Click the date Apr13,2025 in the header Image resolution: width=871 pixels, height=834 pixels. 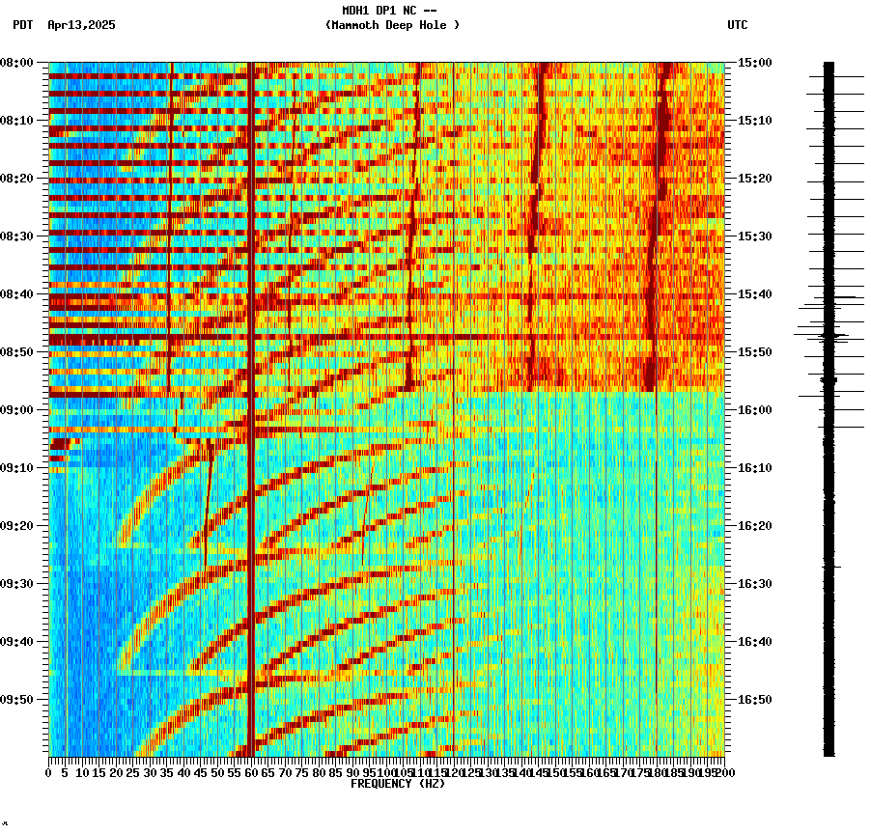pyautogui.click(x=81, y=25)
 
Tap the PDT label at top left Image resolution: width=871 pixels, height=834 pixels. pyautogui.click(x=22, y=25)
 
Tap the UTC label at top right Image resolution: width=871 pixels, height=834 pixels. pyautogui.click(x=737, y=25)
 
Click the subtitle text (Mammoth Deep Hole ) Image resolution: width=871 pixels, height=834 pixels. pyautogui.click(x=392, y=25)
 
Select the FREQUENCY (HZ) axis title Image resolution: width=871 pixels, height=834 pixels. pyautogui.click(x=397, y=784)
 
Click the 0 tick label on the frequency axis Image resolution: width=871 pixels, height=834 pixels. pyautogui.click(x=49, y=772)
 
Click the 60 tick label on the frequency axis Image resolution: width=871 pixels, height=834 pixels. pyautogui.click(x=251, y=772)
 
